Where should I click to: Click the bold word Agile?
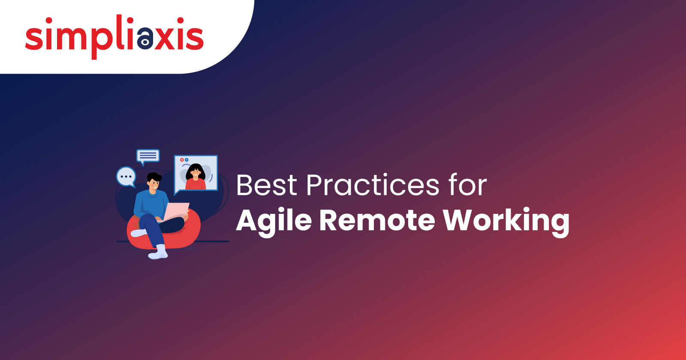coord(274,222)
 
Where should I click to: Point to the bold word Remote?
coord(377,220)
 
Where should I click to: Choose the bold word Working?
coord(506,222)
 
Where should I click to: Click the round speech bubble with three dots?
coord(126,177)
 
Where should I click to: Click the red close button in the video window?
coord(182,160)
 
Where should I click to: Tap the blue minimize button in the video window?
coord(187,160)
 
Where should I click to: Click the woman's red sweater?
coord(196,184)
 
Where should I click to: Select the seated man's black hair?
coord(154,177)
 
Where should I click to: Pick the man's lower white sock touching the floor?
coord(159,252)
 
